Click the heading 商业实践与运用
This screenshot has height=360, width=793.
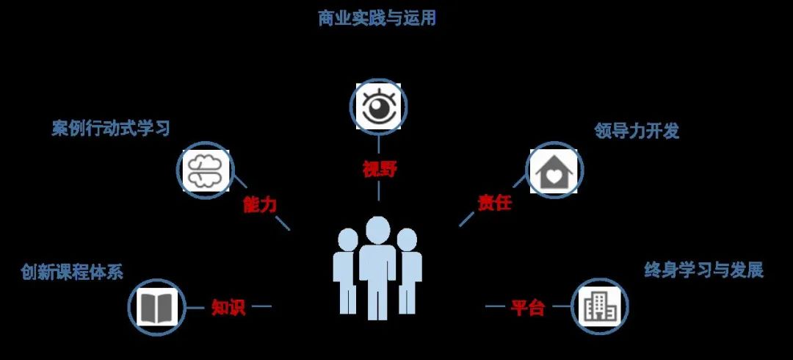377,18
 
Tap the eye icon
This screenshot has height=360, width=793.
378,107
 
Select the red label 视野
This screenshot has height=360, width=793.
380,169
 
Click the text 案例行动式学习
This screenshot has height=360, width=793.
111,129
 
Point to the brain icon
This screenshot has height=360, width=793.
206,171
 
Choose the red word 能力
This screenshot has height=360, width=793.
260,204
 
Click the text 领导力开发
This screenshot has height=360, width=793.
636,131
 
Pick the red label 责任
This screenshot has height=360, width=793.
495,203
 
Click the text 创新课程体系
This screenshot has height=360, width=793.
72,272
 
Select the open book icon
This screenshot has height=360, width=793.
157,306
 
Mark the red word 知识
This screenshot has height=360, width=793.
228,307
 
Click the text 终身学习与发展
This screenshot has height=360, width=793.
703,270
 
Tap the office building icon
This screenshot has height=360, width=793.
599,306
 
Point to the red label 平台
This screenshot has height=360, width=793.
527,307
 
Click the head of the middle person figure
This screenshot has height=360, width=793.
377,230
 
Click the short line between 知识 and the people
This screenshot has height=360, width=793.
261,306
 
